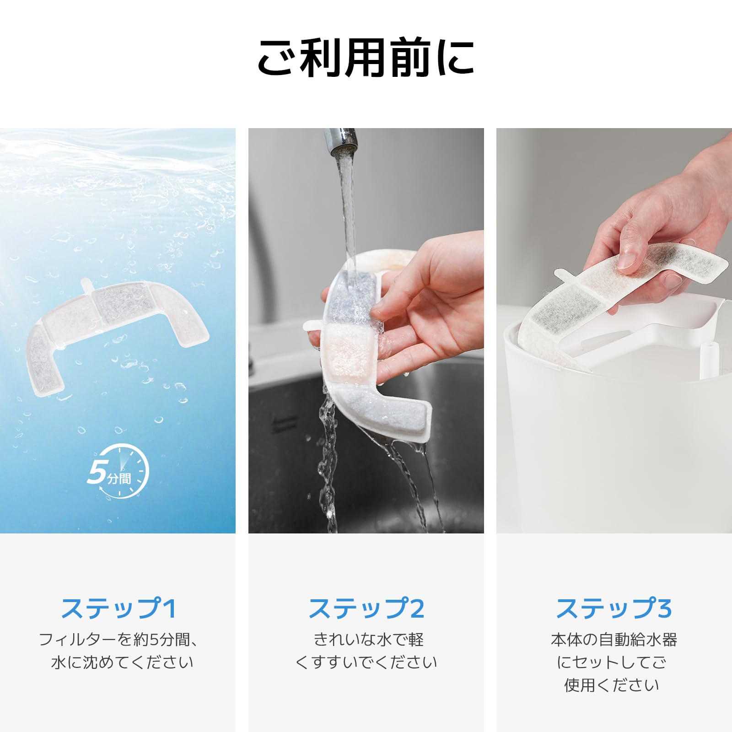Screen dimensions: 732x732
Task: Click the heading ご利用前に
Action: (x=366, y=58)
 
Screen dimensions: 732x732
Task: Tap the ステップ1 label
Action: (x=118, y=608)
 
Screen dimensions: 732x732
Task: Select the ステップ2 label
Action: (x=366, y=608)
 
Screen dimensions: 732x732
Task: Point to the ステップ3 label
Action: (x=614, y=608)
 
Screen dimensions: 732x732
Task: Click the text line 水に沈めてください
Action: (x=122, y=662)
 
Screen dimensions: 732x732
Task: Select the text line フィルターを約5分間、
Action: (x=118, y=640)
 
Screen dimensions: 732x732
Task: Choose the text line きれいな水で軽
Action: (x=368, y=640)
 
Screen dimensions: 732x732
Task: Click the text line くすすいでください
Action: (x=366, y=662)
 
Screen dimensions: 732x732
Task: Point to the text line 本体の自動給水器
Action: (x=614, y=640)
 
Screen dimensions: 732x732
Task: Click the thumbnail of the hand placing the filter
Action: (x=614, y=330)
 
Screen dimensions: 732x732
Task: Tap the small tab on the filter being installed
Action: (x=564, y=274)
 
